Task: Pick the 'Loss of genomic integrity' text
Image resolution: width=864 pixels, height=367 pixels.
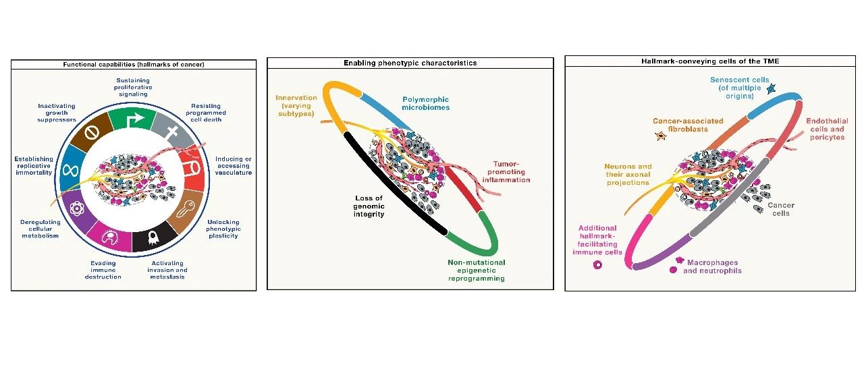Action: (370, 206)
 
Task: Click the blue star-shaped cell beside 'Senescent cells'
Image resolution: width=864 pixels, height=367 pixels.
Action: (772, 88)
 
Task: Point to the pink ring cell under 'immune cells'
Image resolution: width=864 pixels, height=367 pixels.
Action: (597, 265)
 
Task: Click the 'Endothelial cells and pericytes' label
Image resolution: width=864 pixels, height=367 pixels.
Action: (825, 129)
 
